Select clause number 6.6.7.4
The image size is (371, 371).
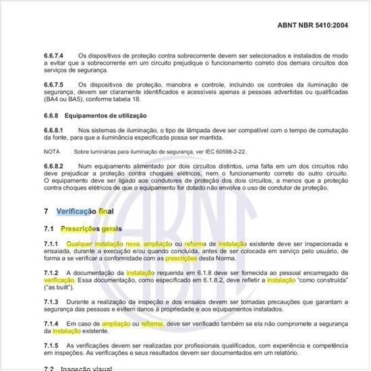pyautogui.click(x=55, y=55)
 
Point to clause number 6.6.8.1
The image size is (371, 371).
pyautogui.click(x=53, y=130)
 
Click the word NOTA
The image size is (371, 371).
pyautogui.click(x=51, y=152)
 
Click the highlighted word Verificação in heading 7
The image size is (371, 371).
pyautogui.click(x=76, y=211)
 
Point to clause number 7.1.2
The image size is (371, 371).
pyautogui.click(x=51, y=272)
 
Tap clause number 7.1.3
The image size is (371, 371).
pyautogui.click(x=51, y=301)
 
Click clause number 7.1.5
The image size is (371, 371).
pyautogui.click(x=51, y=345)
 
